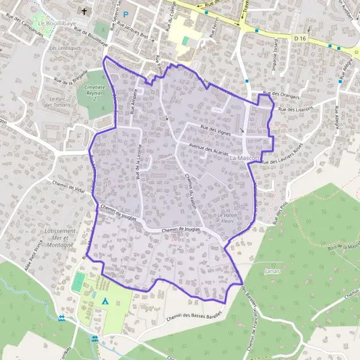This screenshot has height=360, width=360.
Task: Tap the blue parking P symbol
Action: point(126,13)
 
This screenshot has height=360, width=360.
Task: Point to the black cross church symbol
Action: point(85,11)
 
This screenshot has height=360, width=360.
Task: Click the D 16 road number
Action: point(301,38)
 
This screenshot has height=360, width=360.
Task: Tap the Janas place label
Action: point(272,271)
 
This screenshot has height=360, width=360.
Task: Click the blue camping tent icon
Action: point(106,301)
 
